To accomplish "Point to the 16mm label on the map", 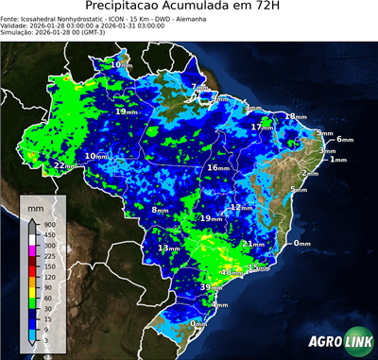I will [218, 167].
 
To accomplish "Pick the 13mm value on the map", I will [168, 248].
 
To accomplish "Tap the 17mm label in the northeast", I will [262, 127].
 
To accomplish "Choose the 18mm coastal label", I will [296, 116].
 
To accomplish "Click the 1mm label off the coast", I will [337, 160].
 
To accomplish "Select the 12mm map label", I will [241, 207].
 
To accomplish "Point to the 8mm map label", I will [160, 209].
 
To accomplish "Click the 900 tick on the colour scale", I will [46, 224].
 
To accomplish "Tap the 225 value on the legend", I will [46, 255].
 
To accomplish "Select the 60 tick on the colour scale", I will [45, 298].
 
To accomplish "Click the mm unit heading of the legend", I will [35, 205].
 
